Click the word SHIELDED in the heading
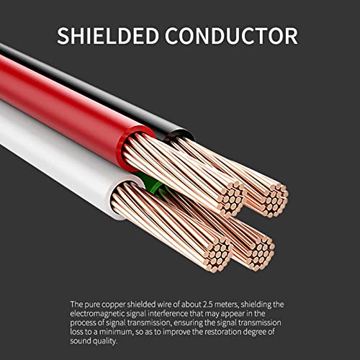click(108, 36)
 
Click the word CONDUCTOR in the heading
click(231, 36)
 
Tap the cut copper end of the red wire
click(231, 199)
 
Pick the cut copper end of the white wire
click(217, 254)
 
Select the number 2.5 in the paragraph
click(208, 305)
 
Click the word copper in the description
click(113, 305)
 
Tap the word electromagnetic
click(97, 314)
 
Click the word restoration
click(222, 332)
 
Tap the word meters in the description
click(226, 305)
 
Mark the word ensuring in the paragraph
click(188, 323)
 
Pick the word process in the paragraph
click(83, 323)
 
